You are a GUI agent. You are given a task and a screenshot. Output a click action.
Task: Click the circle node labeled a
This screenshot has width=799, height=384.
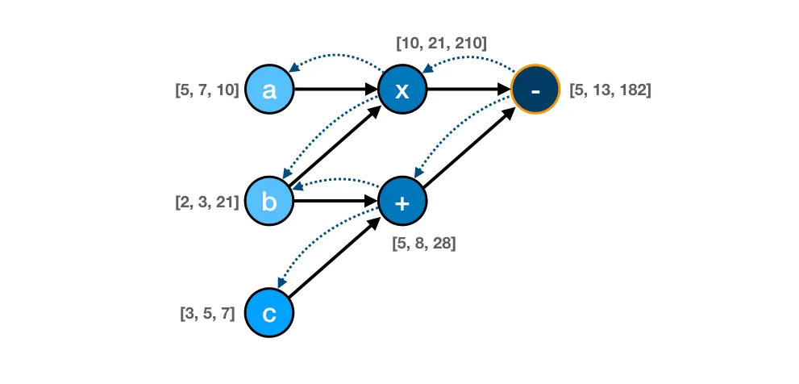tap(269, 90)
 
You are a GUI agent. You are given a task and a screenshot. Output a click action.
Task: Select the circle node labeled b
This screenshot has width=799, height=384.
tap(269, 202)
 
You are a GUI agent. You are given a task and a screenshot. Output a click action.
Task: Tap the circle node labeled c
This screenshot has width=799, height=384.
tap(269, 313)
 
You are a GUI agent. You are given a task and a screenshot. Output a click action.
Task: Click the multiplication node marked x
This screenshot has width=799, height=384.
tap(402, 90)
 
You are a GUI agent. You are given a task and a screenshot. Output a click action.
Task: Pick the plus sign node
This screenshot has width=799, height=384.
tap(402, 202)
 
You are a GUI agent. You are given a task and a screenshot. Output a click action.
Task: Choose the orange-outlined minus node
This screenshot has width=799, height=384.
tap(535, 90)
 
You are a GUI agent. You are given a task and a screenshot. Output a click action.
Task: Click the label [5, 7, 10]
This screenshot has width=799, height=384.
tap(207, 90)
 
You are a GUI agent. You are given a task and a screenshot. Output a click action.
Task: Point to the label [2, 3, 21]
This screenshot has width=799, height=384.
tap(207, 202)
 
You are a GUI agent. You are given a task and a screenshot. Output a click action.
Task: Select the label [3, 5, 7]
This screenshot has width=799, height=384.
tap(208, 313)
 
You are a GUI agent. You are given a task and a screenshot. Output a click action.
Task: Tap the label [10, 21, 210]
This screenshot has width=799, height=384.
tap(441, 44)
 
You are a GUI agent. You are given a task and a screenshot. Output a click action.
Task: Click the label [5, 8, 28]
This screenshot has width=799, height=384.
tap(424, 244)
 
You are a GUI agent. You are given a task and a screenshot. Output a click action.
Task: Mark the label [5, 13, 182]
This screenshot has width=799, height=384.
tap(610, 90)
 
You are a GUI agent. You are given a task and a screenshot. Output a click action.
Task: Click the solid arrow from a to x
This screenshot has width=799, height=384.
tap(335, 90)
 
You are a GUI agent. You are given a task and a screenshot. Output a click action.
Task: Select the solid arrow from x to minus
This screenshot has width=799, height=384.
tap(468, 90)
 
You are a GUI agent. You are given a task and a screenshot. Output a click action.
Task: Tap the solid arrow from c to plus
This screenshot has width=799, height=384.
tap(335, 257)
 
